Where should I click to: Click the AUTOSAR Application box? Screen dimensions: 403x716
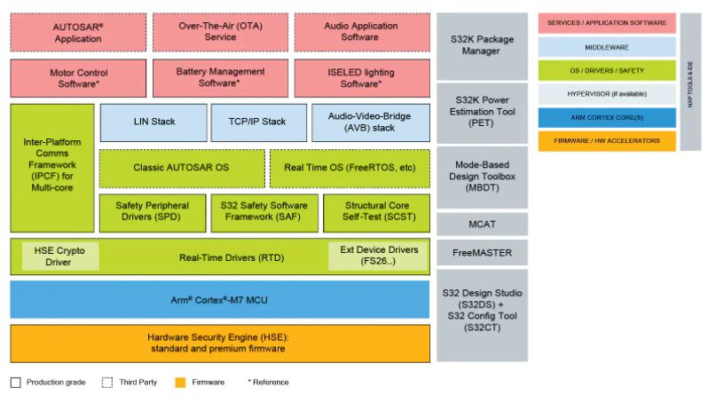[77, 32]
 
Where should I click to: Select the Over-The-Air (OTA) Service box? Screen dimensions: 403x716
[220, 32]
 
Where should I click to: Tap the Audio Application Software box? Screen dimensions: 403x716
[361, 32]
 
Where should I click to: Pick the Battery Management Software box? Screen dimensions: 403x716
[220, 77]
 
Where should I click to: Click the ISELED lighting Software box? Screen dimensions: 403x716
[361, 77]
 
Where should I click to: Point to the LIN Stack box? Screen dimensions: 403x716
[153, 122]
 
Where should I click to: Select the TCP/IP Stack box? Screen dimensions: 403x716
[258, 122]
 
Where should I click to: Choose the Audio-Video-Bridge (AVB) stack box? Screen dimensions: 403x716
[371, 122]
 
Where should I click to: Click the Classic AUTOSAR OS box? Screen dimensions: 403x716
[181, 167]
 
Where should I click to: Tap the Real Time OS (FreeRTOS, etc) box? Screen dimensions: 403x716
[350, 167]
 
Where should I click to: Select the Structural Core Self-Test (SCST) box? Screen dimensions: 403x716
[376, 211]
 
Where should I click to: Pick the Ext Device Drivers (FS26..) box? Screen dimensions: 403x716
[378, 256]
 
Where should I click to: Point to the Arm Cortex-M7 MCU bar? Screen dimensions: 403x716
[220, 299]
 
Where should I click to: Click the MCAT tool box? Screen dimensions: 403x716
[481, 224]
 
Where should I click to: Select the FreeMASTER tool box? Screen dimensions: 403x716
[481, 253]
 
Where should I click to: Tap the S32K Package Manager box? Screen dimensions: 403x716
[481, 45]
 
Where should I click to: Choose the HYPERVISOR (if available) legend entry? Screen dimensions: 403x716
[606, 93]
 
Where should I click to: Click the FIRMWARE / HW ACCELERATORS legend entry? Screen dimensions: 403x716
[606, 141]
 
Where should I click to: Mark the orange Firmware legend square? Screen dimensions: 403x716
[180, 383]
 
